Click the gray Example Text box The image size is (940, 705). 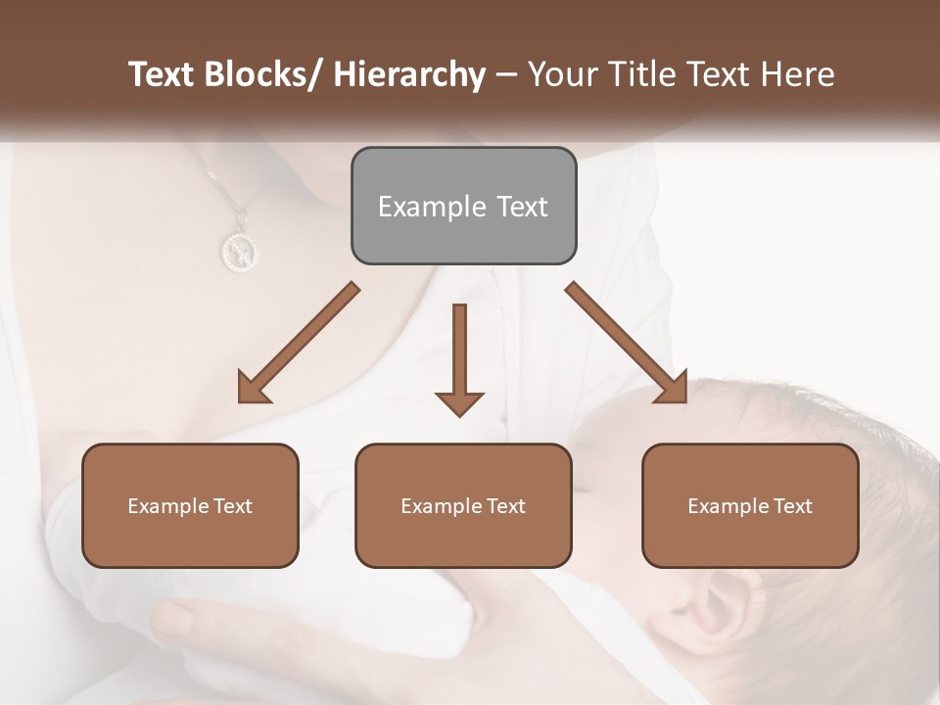463,206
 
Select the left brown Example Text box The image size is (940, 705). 190,505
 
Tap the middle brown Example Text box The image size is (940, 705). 463,505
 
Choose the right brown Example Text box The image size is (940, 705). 750,505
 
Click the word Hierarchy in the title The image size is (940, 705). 409,74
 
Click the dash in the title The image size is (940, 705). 506,74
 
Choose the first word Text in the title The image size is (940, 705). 163,74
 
